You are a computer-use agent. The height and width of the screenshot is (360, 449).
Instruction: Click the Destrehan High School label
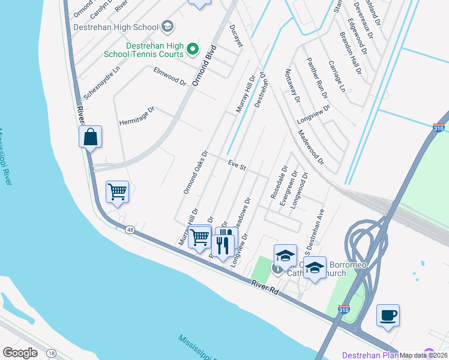(x=115, y=27)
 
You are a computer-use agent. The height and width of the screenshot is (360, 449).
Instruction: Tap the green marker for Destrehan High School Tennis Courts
(x=193, y=49)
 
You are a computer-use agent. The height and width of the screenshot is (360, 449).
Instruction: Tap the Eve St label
(x=237, y=164)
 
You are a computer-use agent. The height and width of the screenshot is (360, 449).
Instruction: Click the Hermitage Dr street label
(x=137, y=115)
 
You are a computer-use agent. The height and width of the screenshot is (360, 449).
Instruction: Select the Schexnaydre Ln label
(x=102, y=83)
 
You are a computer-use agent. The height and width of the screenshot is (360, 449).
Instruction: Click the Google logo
(x=20, y=353)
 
